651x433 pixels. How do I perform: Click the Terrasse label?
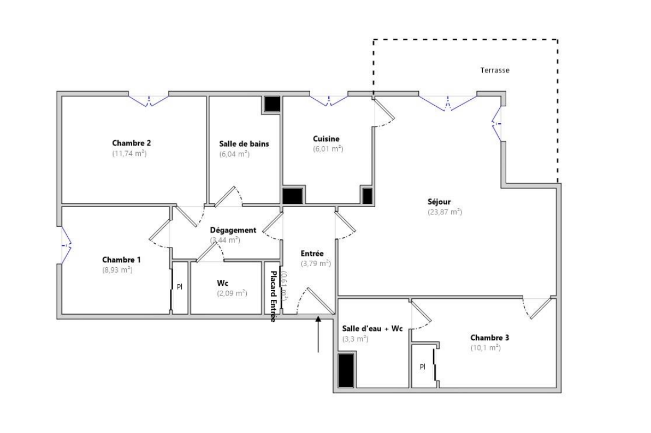[494, 70]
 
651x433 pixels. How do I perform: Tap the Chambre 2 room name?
[131, 143]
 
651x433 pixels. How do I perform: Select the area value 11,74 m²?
[129, 154]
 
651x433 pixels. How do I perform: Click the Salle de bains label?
[244, 144]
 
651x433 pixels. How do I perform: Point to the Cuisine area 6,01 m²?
[328, 149]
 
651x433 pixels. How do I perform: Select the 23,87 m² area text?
[445, 212]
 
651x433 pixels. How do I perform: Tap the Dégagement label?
[233, 230]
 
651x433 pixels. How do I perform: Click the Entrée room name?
[312, 254]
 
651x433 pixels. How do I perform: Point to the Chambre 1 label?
[121, 260]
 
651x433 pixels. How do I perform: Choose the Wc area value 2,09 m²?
[232, 293]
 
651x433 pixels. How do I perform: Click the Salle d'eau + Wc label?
[372, 329]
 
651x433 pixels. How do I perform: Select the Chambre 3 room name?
[490, 337]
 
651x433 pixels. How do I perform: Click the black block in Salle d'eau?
[346, 370]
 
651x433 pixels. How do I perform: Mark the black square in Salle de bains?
[271, 104]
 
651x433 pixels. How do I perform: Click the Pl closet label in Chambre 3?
[422, 366]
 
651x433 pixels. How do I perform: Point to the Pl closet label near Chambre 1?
[179, 286]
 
